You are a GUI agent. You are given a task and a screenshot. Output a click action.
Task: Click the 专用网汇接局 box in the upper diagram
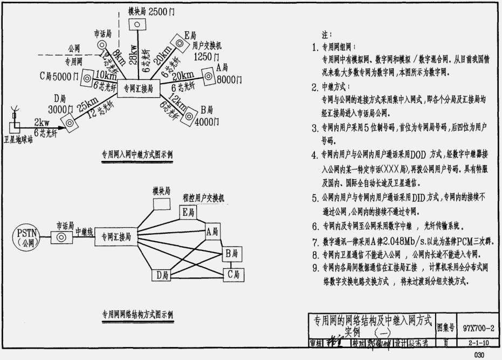click(139, 87)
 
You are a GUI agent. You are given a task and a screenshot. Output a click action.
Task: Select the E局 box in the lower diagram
click(189, 213)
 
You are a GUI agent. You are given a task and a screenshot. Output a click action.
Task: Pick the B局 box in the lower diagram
click(233, 252)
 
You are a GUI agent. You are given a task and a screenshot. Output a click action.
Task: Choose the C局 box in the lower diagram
click(233, 274)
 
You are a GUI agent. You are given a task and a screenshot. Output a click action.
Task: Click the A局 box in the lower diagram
click(212, 232)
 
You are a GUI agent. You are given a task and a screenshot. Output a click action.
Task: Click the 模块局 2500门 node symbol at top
click(137, 24)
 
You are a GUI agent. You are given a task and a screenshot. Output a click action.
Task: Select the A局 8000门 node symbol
click(208, 76)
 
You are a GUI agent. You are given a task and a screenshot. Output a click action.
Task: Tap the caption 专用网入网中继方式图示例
click(137, 155)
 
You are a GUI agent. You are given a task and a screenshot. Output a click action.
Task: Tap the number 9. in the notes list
click(314, 266)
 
